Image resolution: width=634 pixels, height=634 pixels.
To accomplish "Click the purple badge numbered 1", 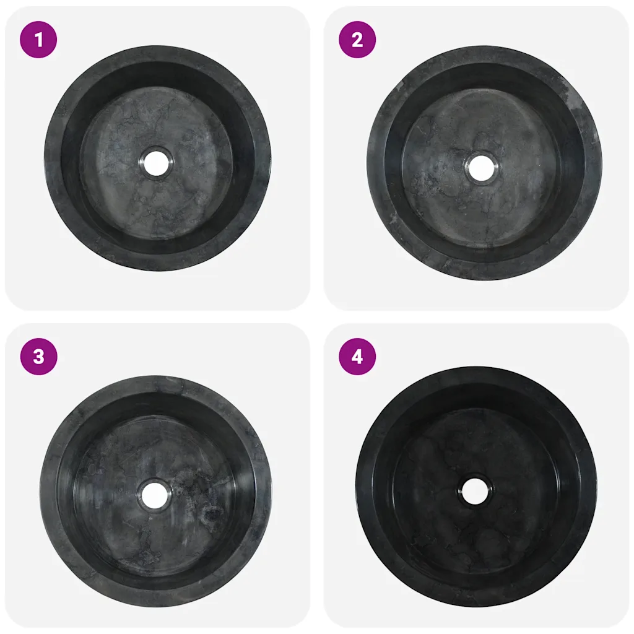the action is (x=38, y=40).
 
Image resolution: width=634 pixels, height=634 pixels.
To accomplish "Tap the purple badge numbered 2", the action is (x=357, y=40).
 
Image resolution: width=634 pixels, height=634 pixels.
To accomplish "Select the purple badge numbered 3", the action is (x=38, y=357).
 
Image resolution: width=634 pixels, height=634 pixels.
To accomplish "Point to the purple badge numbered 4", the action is (x=357, y=357).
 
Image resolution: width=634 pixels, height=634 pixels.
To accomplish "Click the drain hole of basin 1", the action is (x=157, y=163).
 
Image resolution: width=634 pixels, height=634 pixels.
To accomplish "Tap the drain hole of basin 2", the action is (x=481, y=167).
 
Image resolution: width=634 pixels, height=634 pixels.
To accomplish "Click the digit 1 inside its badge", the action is (x=38, y=40).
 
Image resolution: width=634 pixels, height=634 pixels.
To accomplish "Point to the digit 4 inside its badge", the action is (x=357, y=357).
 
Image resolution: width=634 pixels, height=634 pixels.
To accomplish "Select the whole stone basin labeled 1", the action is (x=158, y=158).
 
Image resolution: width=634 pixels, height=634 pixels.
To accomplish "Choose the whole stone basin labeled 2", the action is (x=484, y=163).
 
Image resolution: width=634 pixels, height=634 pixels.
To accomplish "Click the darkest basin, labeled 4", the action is (x=477, y=487).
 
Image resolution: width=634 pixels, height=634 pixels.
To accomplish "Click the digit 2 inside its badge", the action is (x=357, y=40).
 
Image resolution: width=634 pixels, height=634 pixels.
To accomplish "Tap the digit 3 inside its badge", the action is (x=38, y=357).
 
